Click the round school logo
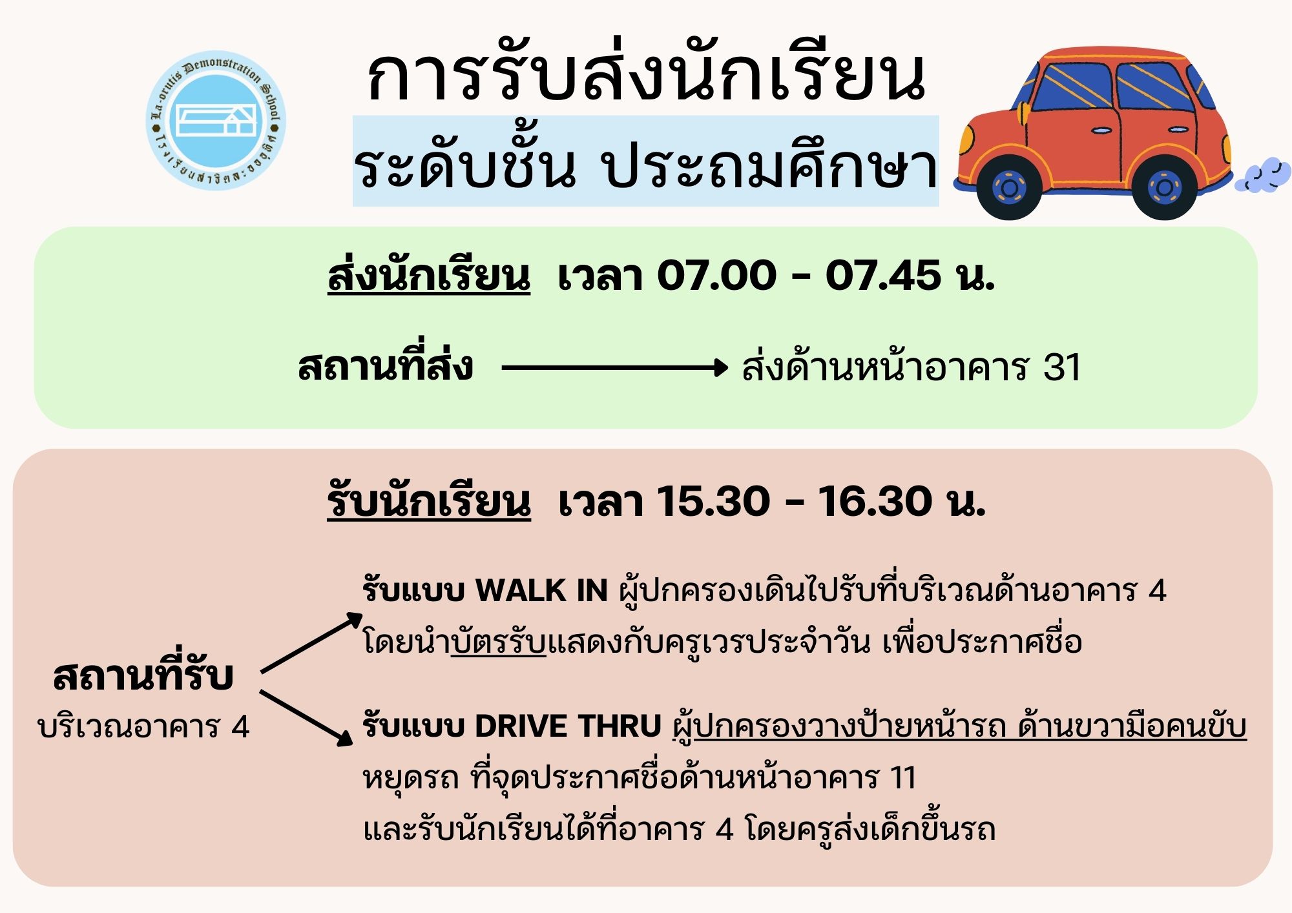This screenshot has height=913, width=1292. pyautogui.click(x=216, y=121)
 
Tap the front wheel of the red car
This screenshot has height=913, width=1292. pyautogui.click(x=1009, y=188)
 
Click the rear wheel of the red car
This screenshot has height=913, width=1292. pyautogui.click(x=1164, y=188)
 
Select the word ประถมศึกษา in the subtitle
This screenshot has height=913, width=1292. pyautogui.click(x=769, y=167)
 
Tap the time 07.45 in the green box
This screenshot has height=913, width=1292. pyautogui.click(x=883, y=276)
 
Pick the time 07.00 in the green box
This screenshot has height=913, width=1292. pyautogui.click(x=716, y=276)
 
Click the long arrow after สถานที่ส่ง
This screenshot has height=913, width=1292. pyautogui.click(x=615, y=368)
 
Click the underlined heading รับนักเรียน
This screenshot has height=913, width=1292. pyautogui.click(x=429, y=501)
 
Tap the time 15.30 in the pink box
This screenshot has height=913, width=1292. pyautogui.click(x=714, y=502)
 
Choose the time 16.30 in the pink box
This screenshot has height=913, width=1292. pyautogui.click(x=875, y=502)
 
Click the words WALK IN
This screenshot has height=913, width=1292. pyautogui.click(x=541, y=591)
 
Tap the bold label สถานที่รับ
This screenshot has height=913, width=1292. pyautogui.click(x=143, y=675)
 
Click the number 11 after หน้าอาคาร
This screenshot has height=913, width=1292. pyautogui.click(x=903, y=778)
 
